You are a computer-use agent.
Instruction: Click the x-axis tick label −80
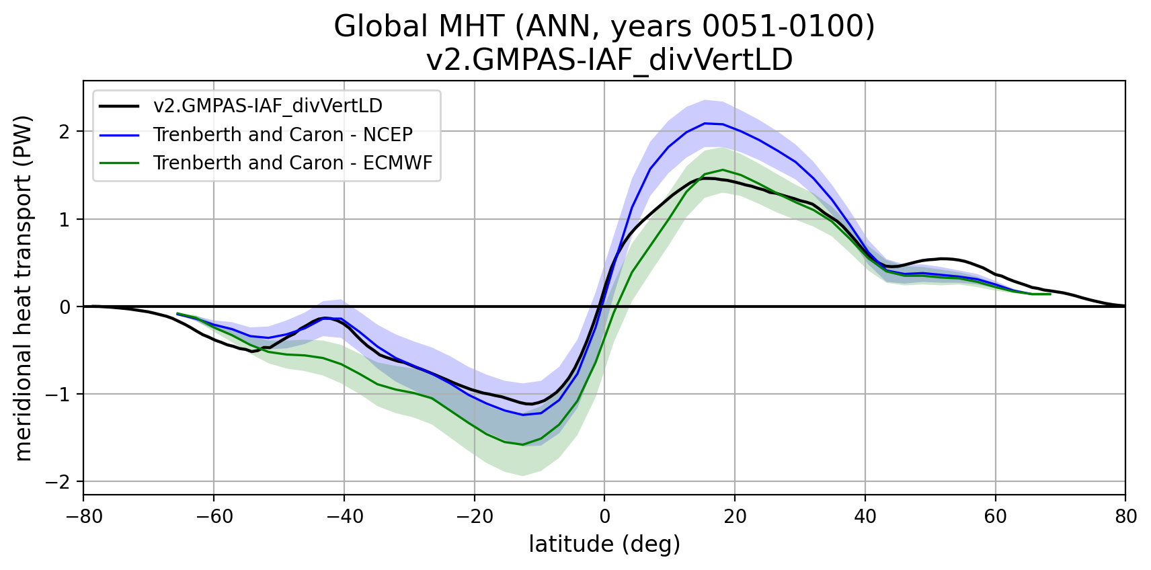coord(83,516)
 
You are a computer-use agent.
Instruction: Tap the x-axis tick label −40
coord(344,516)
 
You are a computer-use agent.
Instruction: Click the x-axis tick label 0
coord(604,516)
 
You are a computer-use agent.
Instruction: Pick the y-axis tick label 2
coord(65,132)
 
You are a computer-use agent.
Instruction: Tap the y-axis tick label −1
coord(59,395)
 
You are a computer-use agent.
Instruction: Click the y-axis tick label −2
coord(59,482)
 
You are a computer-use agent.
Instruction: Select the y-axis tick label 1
coord(65,220)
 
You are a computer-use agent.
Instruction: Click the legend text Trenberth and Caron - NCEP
coord(282,134)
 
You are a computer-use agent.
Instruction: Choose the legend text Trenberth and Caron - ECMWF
coord(292,163)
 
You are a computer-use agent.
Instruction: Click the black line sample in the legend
coord(120,106)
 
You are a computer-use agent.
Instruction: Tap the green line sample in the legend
coord(120,163)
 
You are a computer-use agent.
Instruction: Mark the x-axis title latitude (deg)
coord(604,544)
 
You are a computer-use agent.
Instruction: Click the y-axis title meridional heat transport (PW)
coord(24,289)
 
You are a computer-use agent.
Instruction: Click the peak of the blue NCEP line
coord(705,123)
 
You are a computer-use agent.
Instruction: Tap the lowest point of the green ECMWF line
coord(522,444)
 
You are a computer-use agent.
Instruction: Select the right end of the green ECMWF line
coord(1050,294)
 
